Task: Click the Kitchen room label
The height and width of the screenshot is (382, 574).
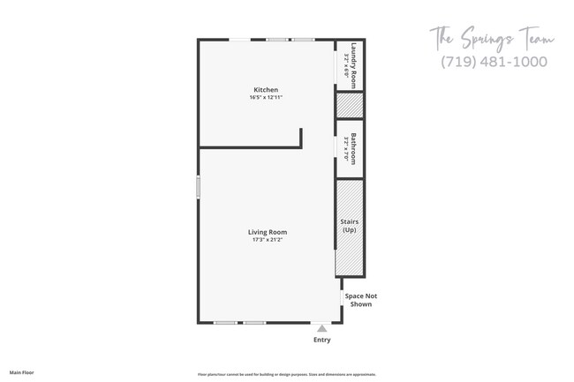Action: coord(266,90)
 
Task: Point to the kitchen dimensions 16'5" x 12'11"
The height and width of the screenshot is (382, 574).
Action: coord(266,98)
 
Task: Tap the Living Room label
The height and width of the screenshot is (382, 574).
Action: coord(267,232)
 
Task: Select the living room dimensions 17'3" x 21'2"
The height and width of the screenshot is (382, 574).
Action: coord(267,240)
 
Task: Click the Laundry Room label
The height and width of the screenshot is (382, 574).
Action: coord(353,64)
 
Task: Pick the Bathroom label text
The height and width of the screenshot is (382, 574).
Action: coord(353,148)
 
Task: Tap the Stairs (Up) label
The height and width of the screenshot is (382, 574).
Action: coord(349,226)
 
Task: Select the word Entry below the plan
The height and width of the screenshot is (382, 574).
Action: coord(321,340)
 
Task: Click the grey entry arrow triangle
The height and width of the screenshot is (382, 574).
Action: coord(321,327)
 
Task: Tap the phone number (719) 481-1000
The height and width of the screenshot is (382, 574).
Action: coord(493,62)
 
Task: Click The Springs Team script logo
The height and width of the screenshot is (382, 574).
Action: coord(491,39)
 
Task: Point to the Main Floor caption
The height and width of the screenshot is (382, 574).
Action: coord(22,373)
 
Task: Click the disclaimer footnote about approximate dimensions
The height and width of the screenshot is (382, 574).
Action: coord(286,373)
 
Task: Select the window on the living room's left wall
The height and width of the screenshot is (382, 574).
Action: coord(199,187)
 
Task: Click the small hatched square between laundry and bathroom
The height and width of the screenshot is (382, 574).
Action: coord(349,105)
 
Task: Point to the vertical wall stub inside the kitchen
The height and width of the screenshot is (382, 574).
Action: coord(301,137)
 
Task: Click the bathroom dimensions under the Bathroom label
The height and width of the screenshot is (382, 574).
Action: coord(345,148)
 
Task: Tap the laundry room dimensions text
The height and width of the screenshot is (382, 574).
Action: coord(345,64)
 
